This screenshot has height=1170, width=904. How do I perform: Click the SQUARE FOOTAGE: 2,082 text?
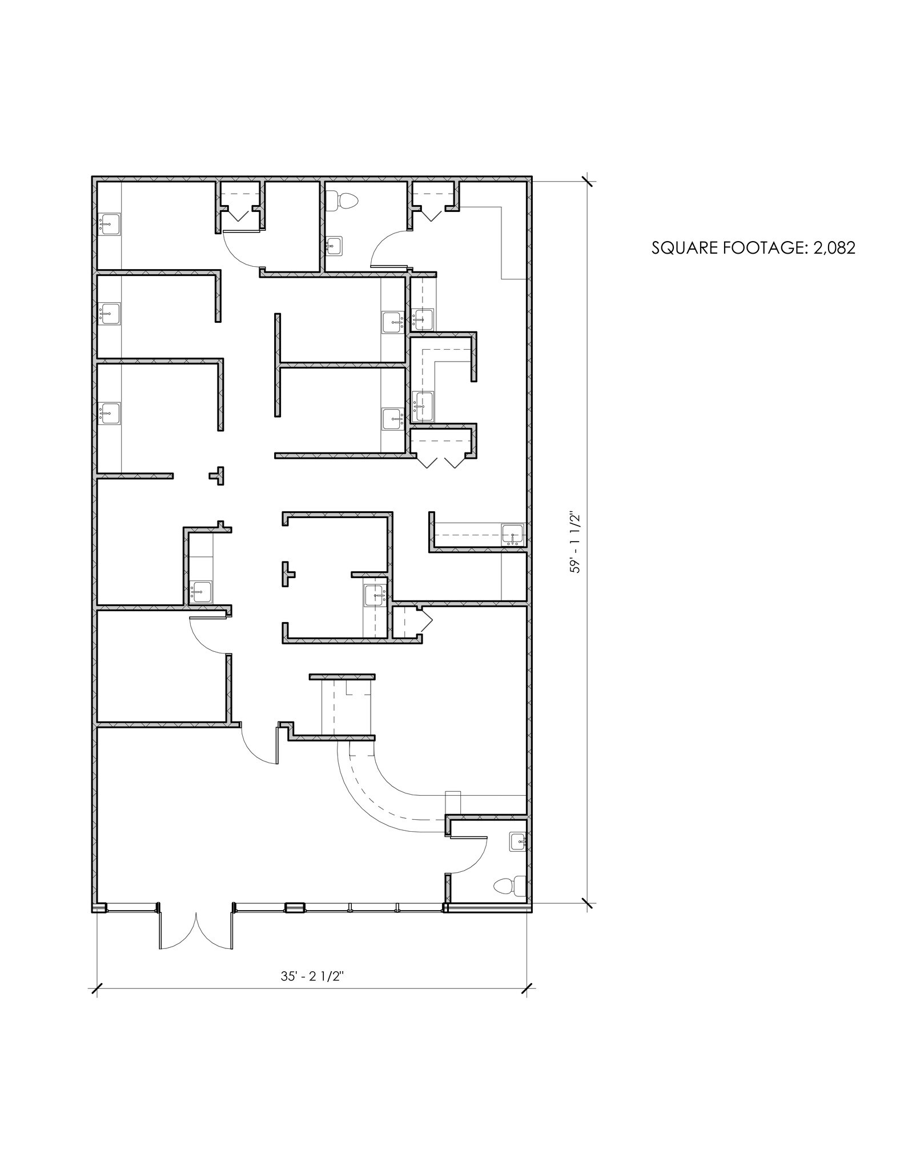pos(753,248)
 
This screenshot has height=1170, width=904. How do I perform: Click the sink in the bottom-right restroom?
pos(518,842)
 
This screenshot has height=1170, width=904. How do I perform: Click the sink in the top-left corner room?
pos(109,225)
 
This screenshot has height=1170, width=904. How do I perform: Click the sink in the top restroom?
pos(334,246)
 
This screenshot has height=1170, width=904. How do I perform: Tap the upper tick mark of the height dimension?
pos(588,182)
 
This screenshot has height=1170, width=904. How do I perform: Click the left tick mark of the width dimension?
pos(97,988)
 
